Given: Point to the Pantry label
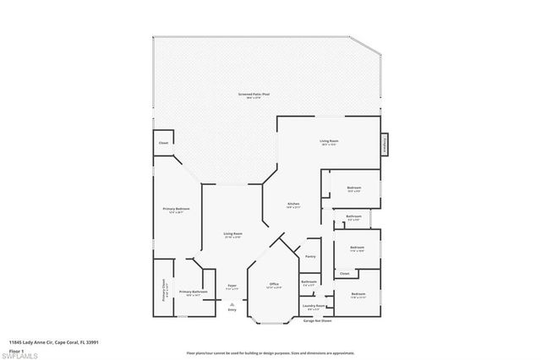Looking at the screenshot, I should pyautogui.click(x=310, y=255).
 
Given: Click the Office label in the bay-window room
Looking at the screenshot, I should pyautogui.click(x=274, y=284).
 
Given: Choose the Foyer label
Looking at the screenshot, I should pyautogui.click(x=232, y=287).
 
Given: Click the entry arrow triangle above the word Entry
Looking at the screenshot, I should pyautogui.click(x=232, y=303).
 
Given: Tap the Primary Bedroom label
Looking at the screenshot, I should pyautogui.click(x=176, y=209).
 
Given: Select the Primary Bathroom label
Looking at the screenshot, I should pyautogui.click(x=193, y=292).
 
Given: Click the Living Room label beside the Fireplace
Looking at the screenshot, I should pyautogui.click(x=329, y=141).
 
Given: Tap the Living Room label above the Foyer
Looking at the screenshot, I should pyautogui.click(x=232, y=234).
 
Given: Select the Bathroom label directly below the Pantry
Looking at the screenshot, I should pyautogui.click(x=309, y=282).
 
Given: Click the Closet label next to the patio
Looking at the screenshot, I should pyautogui.click(x=163, y=143).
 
